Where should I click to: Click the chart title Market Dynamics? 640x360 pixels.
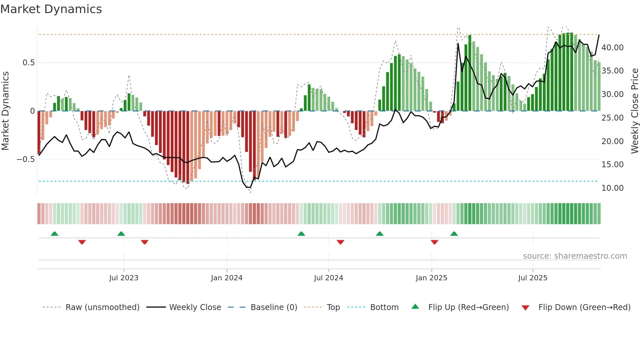point(51,9)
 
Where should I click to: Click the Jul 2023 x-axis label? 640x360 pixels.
point(124,278)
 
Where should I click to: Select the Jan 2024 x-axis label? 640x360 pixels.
point(227,278)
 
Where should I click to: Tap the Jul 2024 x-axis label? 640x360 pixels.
point(328,278)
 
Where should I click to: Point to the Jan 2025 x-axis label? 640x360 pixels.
point(431,278)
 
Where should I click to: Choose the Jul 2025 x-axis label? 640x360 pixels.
point(533,278)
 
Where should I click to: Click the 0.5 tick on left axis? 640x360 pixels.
point(28,63)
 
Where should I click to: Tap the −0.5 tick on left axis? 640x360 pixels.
point(25,159)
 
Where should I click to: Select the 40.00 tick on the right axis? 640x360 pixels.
point(613,48)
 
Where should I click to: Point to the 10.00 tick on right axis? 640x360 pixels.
point(613,188)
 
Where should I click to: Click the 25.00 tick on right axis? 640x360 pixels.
point(613,118)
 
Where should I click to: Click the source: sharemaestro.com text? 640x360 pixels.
point(575,256)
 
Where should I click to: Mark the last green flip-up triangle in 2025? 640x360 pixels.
point(454,234)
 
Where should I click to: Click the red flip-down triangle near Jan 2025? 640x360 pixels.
point(434,242)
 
